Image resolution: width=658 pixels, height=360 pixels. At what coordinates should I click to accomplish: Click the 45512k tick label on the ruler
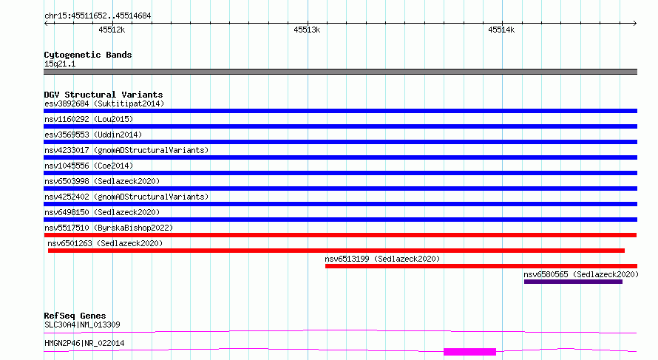112,30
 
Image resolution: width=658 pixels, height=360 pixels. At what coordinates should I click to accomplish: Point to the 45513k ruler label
307,30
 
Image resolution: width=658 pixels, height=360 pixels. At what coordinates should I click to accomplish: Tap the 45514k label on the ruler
501,30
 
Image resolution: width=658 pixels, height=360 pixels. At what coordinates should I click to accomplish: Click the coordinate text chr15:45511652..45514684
98,16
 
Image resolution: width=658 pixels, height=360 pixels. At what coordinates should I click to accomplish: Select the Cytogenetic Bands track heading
88,55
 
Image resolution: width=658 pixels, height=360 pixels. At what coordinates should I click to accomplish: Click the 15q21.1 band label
60,64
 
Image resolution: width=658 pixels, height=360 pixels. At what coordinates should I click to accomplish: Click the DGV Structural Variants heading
104,95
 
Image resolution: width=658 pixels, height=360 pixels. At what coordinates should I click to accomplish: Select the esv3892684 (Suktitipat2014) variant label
104,103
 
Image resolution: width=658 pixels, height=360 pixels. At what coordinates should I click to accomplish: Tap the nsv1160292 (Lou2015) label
89,119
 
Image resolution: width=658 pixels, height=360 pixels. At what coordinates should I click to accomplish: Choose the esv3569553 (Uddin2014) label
93,135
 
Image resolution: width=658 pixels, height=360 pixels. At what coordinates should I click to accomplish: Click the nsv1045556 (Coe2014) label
89,166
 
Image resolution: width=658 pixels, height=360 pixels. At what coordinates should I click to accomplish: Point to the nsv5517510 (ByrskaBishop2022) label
109,228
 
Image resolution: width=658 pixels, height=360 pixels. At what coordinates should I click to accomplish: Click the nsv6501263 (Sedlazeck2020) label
105,243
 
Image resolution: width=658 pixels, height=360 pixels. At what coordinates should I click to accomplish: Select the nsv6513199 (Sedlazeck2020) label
382,259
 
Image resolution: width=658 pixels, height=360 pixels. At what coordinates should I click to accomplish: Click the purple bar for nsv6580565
573,282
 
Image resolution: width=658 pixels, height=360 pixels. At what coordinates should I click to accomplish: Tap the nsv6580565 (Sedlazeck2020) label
581,274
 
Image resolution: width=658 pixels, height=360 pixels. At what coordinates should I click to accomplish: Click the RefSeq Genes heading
75,316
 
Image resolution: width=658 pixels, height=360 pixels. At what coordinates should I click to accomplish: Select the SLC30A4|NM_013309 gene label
82,325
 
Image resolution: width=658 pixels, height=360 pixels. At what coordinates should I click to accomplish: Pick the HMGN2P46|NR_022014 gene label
84,343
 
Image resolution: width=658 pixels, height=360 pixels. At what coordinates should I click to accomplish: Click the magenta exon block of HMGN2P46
470,352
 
